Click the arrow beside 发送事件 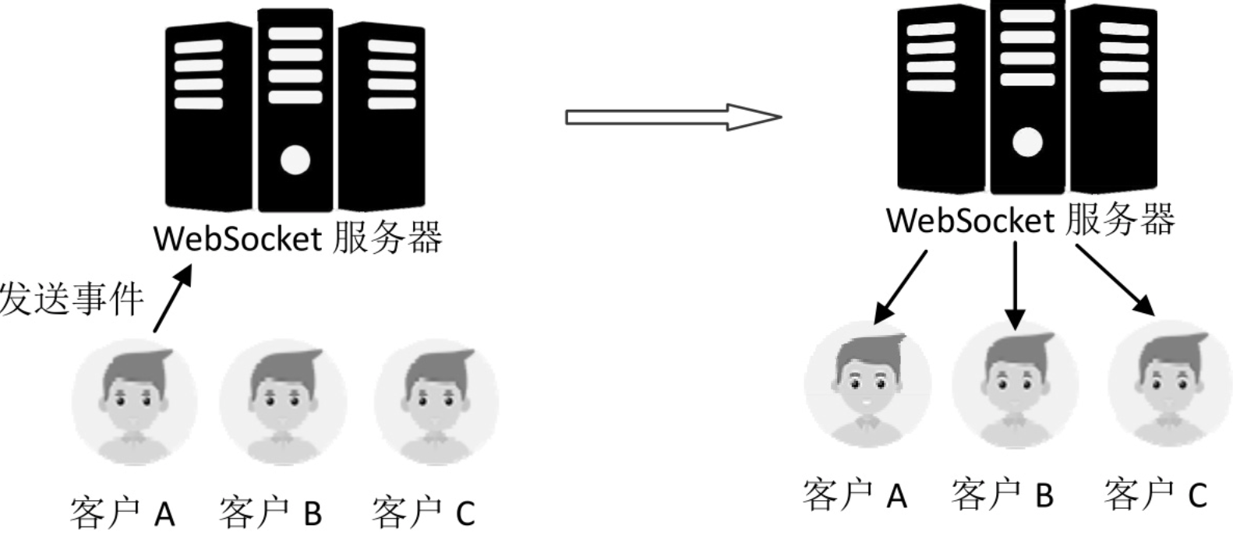coord(172,299)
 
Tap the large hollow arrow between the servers coord(673,117)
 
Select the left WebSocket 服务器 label coord(298,238)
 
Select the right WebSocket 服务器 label coord(1030,220)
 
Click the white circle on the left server coord(295,160)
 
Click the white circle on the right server coord(1027,143)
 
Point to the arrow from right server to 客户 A coord(901,286)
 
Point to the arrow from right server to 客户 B coord(1015,284)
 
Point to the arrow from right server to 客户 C coord(1115,280)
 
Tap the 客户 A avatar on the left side coord(134,402)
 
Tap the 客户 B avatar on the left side coord(282,402)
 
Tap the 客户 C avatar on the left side coord(436,402)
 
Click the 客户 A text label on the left coord(122,513)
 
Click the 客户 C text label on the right coord(1155,495)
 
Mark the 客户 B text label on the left coord(270,513)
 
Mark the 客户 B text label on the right coord(1002,495)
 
